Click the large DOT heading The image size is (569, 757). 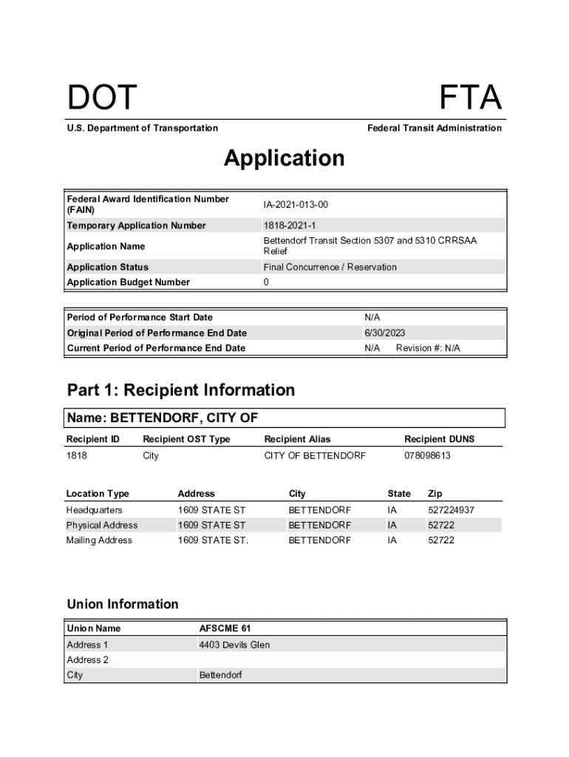[x=102, y=98]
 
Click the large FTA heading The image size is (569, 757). [x=470, y=98]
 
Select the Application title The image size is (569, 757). [x=284, y=158]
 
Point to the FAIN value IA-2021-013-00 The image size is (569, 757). [x=296, y=204]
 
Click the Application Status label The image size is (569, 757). [x=107, y=267]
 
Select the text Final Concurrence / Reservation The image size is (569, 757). [x=330, y=267]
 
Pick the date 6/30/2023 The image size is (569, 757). [x=384, y=333]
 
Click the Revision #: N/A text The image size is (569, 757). [x=428, y=348]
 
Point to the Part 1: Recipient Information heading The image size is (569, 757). [x=180, y=390]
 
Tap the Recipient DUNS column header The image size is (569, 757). [x=439, y=439]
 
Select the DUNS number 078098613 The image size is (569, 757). [x=427, y=455]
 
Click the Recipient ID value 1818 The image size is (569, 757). [x=77, y=455]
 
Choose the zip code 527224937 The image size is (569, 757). [x=451, y=510]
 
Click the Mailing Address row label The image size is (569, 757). [x=99, y=540]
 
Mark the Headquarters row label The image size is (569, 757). [x=95, y=510]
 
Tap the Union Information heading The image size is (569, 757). [x=123, y=604]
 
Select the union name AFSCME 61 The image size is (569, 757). [x=225, y=628]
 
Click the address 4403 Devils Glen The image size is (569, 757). [x=234, y=645]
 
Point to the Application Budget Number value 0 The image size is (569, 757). [x=266, y=282]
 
